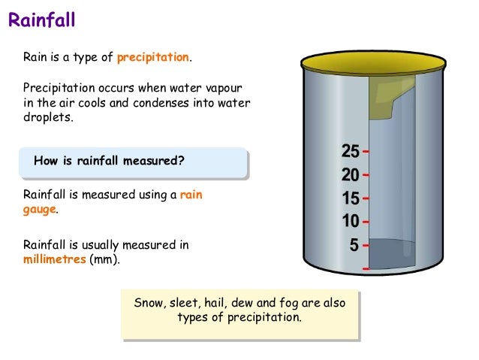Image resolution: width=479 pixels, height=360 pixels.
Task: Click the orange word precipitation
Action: pos(155,57)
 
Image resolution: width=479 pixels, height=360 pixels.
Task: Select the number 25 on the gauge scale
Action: pos(350,152)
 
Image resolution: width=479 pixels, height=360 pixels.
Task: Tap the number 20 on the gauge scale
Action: pos(350,176)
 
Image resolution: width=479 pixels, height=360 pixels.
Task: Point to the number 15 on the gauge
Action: pos(350,199)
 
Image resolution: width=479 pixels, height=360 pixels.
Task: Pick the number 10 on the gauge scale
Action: pos(350,222)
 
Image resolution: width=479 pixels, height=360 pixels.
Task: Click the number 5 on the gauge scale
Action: pos(354,245)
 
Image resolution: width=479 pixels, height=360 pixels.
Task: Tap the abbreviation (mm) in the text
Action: pos(104,259)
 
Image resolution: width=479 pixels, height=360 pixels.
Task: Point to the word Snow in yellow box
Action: pos(149,303)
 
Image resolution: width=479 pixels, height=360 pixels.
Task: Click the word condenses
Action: pos(177,103)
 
